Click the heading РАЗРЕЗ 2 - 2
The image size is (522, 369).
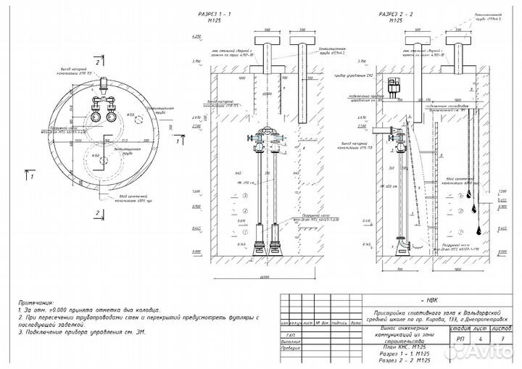(396, 14)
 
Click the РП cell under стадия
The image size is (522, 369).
(459, 338)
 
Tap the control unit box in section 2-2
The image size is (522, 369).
(396, 85)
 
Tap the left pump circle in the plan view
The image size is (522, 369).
(95, 115)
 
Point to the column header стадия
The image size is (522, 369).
(459, 328)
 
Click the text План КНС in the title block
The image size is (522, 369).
(392, 347)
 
